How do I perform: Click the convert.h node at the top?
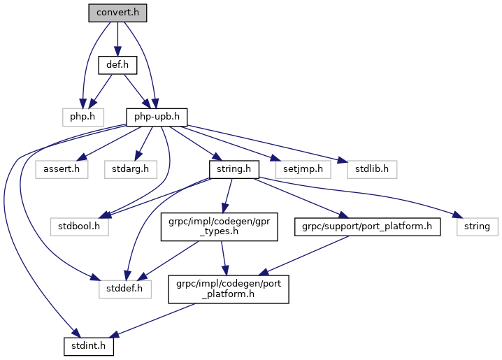click(x=117, y=13)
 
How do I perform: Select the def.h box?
click(x=117, y=65)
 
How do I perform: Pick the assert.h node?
click(x=62, y=168)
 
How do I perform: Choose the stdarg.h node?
click(x=129, y=168)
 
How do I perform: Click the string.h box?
click(x=234, y=168)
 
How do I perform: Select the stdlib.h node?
click(x=372, y=168)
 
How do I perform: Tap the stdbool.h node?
click(x=79, y=226)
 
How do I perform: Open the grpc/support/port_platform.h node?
click(x=368, y=226)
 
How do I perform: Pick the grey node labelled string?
click(x=478, y=226)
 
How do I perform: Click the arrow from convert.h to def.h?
click(x=117, y=39)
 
